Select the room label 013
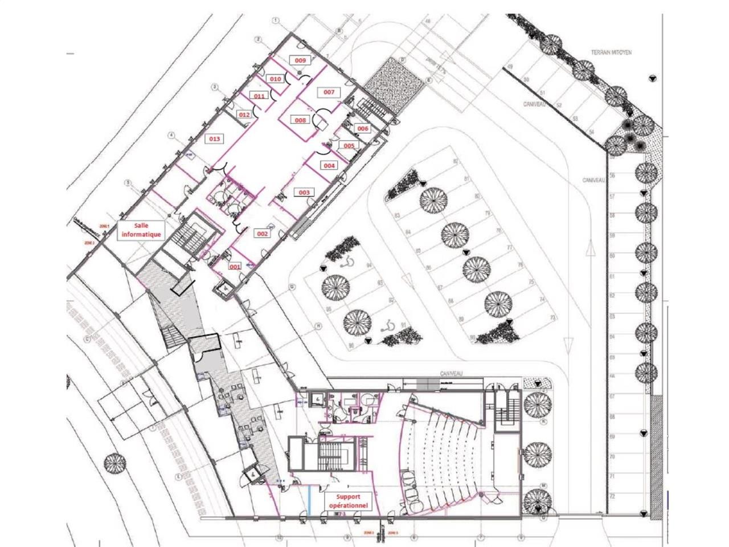tap(214, 138)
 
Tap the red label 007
tap(329, 92)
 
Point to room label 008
tap(300, 120)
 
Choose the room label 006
tap(363, 129)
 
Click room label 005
tap(349, 145)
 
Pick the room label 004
tap(329, 165)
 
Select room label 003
tap(304, 193)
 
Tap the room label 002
tap(263, 234)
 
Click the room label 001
tap(235, 266)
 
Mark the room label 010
tap(276, 79)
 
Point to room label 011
tap(260, 96)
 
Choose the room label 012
tap(244, 115)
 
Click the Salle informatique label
tap(140, 230)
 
